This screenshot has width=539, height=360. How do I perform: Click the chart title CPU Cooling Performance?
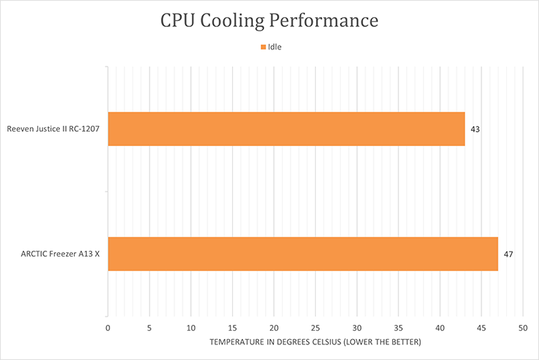(269, 21)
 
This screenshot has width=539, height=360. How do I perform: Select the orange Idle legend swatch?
(263, 47)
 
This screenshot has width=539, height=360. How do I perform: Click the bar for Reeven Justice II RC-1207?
(286, 129)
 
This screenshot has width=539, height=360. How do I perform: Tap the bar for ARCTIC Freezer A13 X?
(302, 254)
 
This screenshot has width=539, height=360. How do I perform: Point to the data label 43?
(475, 129)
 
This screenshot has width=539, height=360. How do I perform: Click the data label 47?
(508, 254)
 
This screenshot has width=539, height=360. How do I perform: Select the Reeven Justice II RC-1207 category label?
(53, 129)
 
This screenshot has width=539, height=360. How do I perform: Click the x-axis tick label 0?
(108, 328)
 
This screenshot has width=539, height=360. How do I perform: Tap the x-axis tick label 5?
(150, 328)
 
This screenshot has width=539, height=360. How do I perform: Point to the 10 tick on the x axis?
(191, 328)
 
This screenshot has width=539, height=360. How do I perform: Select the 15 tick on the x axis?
(233, 328)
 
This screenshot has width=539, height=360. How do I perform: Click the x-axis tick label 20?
(274, 328)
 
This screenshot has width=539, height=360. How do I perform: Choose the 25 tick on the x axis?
(315, 328)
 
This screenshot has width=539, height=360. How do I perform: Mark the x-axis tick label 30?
(357, 328)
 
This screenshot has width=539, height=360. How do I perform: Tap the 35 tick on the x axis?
(398, 328)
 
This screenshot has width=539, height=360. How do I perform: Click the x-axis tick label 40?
(440, 328)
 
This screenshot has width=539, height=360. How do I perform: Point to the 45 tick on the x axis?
(481, 328)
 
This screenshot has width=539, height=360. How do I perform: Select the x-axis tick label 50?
(523, 328)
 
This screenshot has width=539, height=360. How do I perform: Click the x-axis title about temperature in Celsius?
(315, 342)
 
